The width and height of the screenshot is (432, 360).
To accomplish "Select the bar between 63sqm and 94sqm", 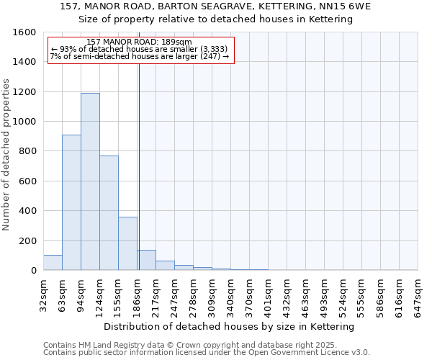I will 71,202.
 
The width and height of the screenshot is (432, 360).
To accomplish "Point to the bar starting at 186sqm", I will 146,260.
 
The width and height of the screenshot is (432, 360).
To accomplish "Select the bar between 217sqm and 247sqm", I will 165,266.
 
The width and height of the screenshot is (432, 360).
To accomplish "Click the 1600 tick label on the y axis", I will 24,32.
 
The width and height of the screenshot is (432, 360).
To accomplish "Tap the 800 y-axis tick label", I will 27,151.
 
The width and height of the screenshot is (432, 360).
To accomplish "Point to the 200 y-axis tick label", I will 27,240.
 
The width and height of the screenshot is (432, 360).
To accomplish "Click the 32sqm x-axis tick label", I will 43,294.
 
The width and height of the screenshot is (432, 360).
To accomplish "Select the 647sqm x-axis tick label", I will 418,294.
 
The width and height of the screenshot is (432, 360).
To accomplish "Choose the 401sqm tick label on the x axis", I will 268,294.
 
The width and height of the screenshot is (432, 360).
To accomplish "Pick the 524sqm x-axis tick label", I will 343,294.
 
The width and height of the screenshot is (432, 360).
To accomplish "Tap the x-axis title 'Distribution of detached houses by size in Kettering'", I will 230,327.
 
